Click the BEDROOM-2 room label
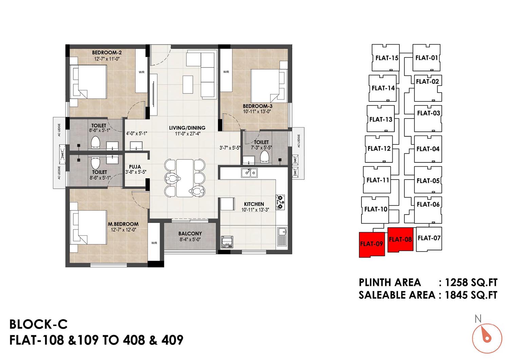107,53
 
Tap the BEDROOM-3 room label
258,106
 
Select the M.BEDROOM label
123,224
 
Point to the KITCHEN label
254,204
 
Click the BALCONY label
190,233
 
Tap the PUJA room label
135,167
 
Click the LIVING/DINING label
187,128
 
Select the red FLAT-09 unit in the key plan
372,245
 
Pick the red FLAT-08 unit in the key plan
400,240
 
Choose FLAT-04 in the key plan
428,149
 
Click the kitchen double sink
249,173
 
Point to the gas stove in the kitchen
280,202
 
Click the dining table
185,178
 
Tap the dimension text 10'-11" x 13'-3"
255,210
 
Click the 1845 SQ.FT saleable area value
471,295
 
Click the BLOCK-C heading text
38,324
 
